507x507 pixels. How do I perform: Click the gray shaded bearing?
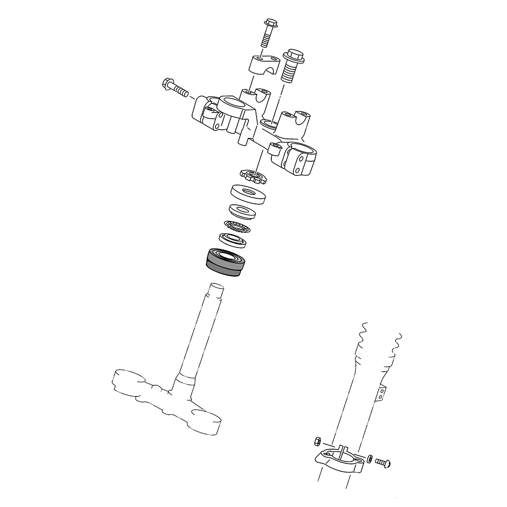226,263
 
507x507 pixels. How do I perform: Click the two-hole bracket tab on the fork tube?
381,394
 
